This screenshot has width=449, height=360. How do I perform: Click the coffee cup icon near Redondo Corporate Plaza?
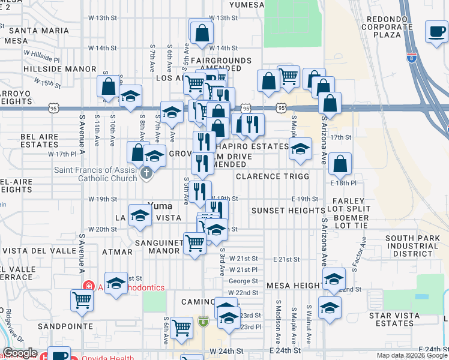click(x=436, y=31)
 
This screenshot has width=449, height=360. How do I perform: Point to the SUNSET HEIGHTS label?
click(x=288, y=211)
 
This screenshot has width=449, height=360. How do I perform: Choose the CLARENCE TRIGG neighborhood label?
click(x=271, y=176)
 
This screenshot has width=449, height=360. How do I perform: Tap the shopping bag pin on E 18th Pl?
click(x=340, y=163)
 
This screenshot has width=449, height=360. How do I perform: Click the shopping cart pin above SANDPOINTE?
click(x=82, y=301)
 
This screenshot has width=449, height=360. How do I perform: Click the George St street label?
click(x=243, y=281)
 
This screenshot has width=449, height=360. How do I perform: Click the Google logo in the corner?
click(x=20, y=353)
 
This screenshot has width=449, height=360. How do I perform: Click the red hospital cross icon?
click(x=88, y=287)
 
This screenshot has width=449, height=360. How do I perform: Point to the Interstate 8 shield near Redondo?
click(x=411, y=58)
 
